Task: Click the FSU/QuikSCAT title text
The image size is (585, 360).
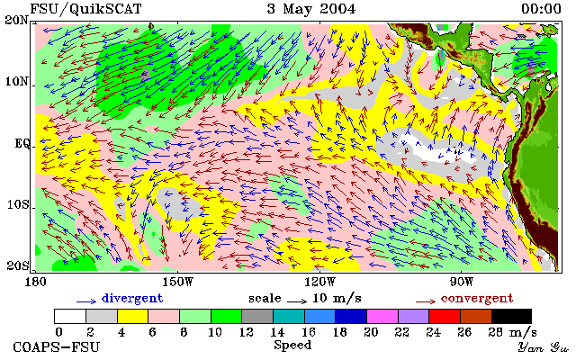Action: click(x=85, y=9)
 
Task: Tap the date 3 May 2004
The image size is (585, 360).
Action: click(x=311, y=9)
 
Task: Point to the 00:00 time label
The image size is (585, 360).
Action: click(x=541, y=9)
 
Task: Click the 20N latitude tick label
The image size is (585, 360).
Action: click(x=17, y=20)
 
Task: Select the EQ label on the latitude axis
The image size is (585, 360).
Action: click(x=22, y=143)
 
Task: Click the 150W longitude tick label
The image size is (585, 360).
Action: click(x=178, y=282)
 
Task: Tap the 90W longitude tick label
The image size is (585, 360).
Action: click(x=462, y=282)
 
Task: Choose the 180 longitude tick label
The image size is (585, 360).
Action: click(x=35, y=282)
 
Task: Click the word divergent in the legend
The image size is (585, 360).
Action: click(x=132, y=298)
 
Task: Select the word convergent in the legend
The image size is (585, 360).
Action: click(x=477, y=298)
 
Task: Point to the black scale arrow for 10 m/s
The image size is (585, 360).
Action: click(x=297, y=301)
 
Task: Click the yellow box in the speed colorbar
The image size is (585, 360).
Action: click(x=133, y=316)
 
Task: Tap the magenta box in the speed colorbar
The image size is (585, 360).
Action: click(x=382, y=316)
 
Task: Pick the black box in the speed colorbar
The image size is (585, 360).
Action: click(x=511, y=316)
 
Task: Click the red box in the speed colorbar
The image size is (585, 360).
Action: click(x=445, y=316)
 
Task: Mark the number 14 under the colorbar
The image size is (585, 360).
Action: click(x=277, y=331)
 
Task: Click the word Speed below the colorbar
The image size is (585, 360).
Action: click(x=292, y=345)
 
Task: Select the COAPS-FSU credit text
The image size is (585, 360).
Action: click(x=57, y=346)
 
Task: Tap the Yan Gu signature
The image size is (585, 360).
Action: click(x=544, y=347)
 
